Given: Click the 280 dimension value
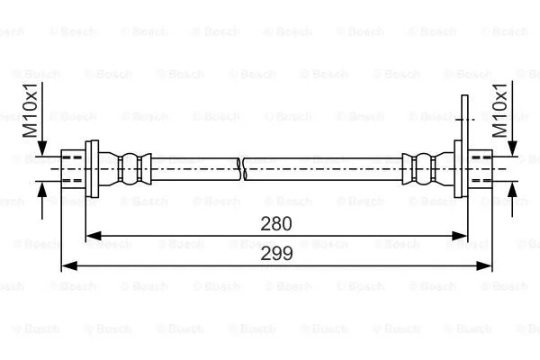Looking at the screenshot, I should [x=276, y=221].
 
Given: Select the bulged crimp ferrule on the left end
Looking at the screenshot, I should [x=131, y=166].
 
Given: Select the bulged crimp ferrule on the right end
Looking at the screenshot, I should [x=421, y=166].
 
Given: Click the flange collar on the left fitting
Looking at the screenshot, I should [x=90, y=166].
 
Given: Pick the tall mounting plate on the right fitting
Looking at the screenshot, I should [x=463, y=148].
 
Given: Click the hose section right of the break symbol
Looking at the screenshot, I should [x=324, y=166].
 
